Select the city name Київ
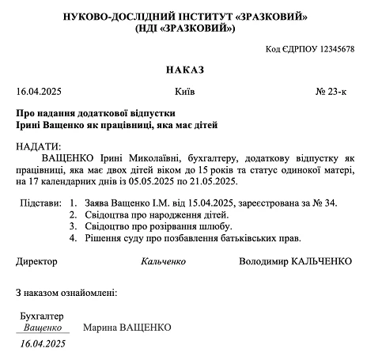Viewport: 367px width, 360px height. click(x=185, y=92)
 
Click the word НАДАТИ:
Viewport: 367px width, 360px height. click(x=37, y=147)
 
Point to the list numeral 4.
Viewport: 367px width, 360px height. click(x=74, y=237)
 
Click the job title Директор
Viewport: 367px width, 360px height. click(x=36, y=260)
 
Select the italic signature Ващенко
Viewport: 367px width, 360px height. click(x=42, y=327)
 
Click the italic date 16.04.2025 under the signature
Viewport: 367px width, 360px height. click(x=43, y=344)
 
